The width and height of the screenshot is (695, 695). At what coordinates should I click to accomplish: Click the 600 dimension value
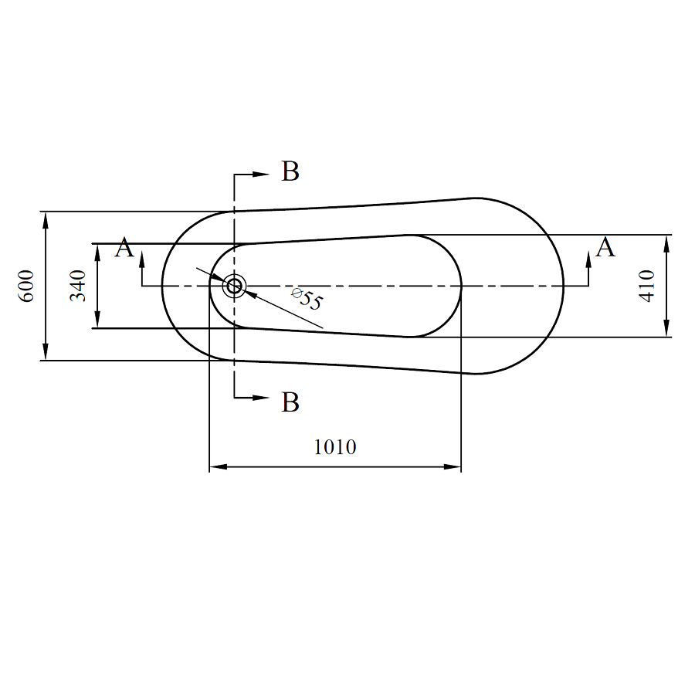[26, 286]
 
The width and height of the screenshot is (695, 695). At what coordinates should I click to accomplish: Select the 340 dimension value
[78, 286]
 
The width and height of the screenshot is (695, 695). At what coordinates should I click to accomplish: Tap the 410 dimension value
[647, 286]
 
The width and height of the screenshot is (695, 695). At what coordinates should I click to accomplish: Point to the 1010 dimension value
[335, 447]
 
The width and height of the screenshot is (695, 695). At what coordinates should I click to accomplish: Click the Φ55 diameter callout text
[307, 298]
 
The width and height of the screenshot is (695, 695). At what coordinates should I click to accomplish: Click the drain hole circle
[234, 286]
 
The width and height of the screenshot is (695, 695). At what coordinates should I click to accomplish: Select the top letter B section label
[290, 171]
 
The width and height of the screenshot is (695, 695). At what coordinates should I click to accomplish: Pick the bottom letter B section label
[290, 402]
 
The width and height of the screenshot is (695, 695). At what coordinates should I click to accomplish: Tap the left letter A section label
[124, 247]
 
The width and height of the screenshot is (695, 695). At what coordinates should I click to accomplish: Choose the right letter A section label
[605, 247]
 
